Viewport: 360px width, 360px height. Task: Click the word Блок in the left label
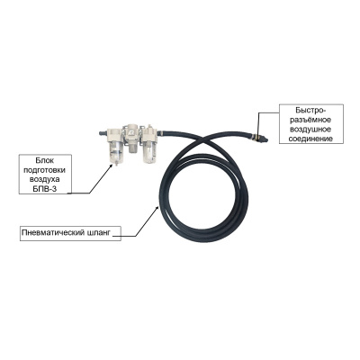[x=45, y=161]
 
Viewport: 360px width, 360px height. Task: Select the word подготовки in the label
[x=45, y=170]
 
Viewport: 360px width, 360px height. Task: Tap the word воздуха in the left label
[x=45, y=180]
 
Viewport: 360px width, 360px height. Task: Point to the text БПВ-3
[x=45, y=189]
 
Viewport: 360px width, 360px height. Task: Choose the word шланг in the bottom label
[x=99, y=233]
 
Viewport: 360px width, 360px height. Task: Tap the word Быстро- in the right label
[x=310, y=110]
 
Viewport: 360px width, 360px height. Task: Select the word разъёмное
[x=310, y=120]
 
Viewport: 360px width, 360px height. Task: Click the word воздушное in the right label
[x=310, y=130]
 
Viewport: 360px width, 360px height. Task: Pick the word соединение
[x=310, y=139]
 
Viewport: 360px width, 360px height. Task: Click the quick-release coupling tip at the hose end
[x=263, y=139]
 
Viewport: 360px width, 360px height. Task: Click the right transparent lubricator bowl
[x=149, y=151]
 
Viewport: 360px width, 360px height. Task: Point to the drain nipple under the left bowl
[x=114, y=164]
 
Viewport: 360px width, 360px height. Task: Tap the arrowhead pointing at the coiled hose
[x=157, y=208]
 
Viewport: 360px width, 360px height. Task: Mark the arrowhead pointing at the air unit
[x=111, y=166]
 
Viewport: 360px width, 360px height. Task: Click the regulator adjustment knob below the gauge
[x=131, y=148]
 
